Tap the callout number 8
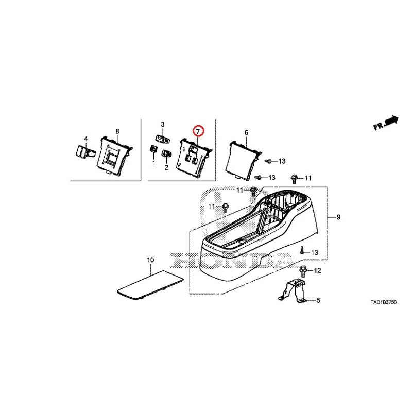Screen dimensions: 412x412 (x=117, y=131)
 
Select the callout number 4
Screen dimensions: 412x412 (x=86, y=139)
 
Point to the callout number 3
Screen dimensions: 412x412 (x=163, y=124)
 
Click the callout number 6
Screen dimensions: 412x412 (x=246, y=133)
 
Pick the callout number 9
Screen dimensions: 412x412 (x=338, y=217)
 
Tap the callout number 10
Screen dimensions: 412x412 (x=150, y=260)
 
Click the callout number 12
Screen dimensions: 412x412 (x=318, y=270)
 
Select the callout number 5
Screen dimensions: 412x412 (x=318, y=300)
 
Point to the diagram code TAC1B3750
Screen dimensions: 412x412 (x=383, y=302)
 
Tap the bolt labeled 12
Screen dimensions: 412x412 (x=302, y=271)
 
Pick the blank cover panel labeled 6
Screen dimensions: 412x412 (x=243, y=160)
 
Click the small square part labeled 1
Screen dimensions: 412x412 (x=153, y=149)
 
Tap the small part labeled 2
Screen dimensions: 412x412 (x=166, y=153)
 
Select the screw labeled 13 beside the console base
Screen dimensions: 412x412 (x=302, y=251)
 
